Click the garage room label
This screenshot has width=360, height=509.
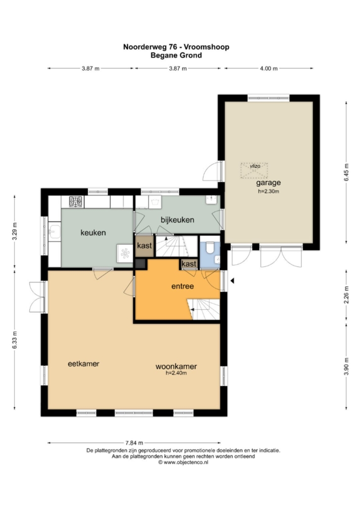269,182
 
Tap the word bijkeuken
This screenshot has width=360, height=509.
178,220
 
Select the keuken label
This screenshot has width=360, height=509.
93,232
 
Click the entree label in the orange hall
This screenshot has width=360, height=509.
182,286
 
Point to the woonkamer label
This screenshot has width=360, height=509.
176,367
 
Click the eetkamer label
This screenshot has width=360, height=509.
84,364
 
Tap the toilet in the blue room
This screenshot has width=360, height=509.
210,248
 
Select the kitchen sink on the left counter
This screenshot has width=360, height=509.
54,231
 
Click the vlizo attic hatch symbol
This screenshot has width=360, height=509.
254,170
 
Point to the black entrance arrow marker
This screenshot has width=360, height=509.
232,281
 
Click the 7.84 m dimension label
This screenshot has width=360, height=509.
134,442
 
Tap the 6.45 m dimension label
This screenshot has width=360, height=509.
346,171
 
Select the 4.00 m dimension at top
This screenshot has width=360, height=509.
269,69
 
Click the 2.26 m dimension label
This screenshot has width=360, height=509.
346,295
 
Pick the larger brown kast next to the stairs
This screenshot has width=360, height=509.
144,246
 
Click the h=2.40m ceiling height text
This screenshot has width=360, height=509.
176,373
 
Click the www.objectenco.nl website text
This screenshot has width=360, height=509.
185,462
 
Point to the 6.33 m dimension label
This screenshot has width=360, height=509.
15,340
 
